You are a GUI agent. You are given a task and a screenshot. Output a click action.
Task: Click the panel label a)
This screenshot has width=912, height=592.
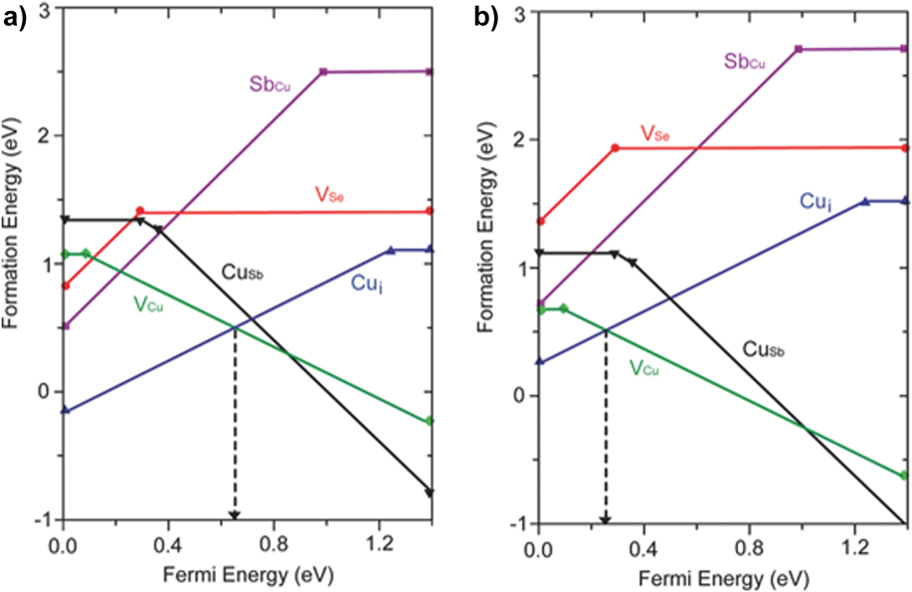pyautogui.click(x=14, y=17)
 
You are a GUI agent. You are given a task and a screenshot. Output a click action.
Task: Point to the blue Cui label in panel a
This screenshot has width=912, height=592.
pyautogui.click(x=364, y=282)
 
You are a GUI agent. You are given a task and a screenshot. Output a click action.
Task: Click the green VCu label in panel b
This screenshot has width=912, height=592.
pyautogui.click(x=645, y=367)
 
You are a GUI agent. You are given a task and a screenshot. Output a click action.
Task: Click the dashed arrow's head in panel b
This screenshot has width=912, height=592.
pyautogui.click(x=605, y=518)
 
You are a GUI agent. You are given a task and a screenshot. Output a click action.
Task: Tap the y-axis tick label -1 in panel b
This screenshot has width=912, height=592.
pyautogui.click(x=515, y=523)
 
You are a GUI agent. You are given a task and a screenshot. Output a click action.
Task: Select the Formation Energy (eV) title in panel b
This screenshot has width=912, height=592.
pyautogui.click(x=491, y=267)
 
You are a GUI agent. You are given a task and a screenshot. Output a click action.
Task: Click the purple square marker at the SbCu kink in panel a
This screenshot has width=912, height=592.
pyautogui.click(x=323, y=72)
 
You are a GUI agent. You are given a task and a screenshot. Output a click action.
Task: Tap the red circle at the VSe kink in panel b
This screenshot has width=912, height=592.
pyautogui.click(x=615, y=148)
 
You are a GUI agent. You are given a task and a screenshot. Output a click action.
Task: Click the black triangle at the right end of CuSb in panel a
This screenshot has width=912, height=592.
pyautogui.click(x=430, y=492)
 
